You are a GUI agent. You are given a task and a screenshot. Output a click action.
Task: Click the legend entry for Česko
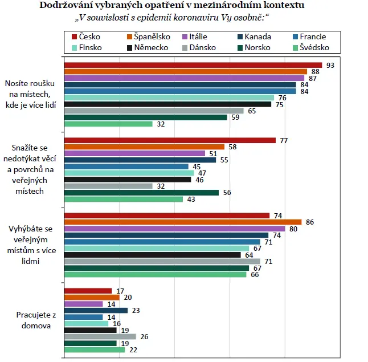[x=86, y=36]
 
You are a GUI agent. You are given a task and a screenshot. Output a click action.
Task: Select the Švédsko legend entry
[x=311, y=47]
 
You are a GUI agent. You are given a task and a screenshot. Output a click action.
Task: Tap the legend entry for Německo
[x=148, y=47]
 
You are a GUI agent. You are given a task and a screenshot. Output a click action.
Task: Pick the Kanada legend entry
[x=254, y=36]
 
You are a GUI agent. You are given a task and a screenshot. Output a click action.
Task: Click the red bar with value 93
[x=193, y=65]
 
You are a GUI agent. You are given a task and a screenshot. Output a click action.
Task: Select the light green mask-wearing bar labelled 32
[x=108, y=124]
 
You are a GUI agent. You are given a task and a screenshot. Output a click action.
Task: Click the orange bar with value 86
[x=183, y=222]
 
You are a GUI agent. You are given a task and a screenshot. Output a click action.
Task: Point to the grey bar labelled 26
[x=100, y=336]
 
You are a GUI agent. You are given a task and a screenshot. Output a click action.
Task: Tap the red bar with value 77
[x=170, y=140]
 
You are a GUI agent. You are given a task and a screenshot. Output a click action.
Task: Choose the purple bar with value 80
[x=175, y=229]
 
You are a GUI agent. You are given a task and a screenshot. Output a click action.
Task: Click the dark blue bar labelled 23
[x=96, y=310]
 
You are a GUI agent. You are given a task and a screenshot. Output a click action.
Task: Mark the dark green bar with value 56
[x=141, y=193]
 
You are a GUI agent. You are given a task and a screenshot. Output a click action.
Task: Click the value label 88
[x=315, y=72]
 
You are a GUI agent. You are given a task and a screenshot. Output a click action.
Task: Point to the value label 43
[x=191, y=199]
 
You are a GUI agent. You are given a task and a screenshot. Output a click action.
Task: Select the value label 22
[x=133, y=350]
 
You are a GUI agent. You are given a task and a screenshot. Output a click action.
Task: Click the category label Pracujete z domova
[x=36, y=320]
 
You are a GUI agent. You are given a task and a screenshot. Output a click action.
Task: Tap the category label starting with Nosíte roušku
[x=31, y=94]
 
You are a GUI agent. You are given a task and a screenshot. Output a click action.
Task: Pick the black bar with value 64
[x=153, y=255]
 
